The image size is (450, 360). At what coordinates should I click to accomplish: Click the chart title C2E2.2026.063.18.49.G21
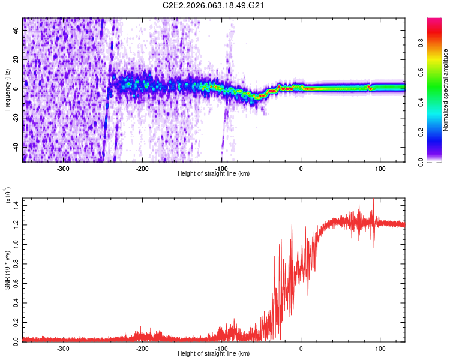(x=214, y=5)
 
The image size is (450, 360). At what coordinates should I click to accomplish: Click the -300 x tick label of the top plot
(x=64, y=169)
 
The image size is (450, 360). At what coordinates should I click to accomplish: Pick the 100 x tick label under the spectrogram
(x=380, y=169)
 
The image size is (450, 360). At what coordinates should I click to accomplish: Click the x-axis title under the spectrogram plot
(x=214, y=174)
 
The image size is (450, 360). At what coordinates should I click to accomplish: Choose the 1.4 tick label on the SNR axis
(x=16, y=205)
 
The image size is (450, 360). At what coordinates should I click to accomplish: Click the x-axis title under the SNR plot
(x=214, y=354)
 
